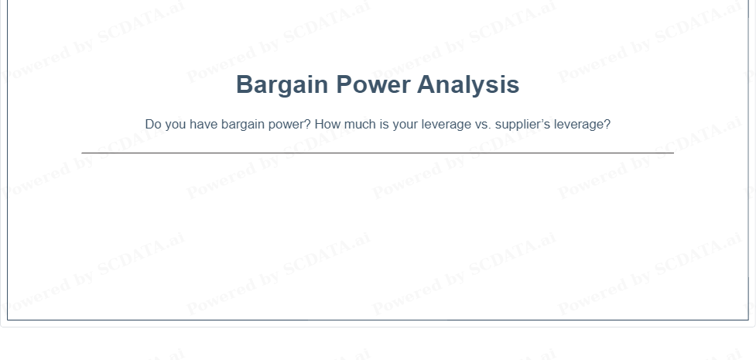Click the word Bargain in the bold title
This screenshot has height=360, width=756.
(x=282, y=85)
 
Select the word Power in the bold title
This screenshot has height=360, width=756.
(x=373, y=84)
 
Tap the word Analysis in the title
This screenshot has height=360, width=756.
(x=468, y=85)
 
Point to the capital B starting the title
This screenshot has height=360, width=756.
(x=244, y=84)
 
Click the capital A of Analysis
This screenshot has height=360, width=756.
(x=426, y=84)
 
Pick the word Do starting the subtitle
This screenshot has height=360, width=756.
(x=153, y=124)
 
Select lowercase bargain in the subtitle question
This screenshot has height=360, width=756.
(x=242, y=125)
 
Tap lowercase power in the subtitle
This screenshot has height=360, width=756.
(x=286, y=125)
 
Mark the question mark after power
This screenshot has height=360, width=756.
(x=308, y=124)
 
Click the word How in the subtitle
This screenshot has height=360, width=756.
(x=327, y=124)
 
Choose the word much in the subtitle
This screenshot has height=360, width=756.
(x=360, y=124)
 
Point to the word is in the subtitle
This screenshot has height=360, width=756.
(x=384, y=124)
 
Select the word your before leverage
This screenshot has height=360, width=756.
(x=405, y=125)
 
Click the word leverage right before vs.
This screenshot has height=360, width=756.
(x=446, y=125)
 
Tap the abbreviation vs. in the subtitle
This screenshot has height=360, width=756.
(x=483, y=125)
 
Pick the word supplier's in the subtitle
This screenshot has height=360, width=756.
(x=522, y=125)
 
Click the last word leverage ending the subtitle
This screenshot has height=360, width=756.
(x=579, y=125)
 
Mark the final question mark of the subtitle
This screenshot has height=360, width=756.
(x=607, y=124)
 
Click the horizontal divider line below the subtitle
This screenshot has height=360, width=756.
(x=378, y=153)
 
